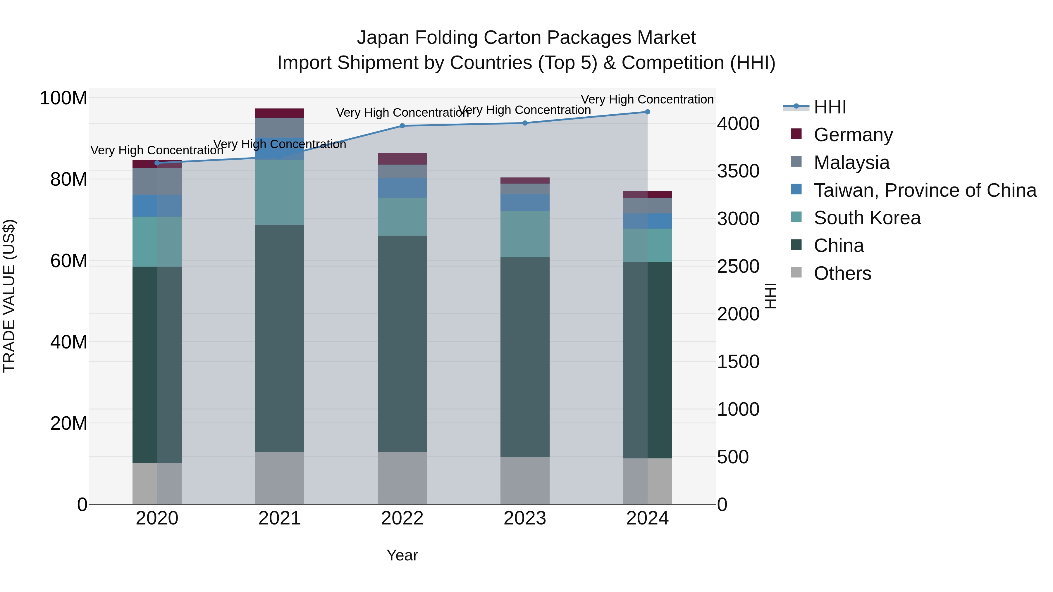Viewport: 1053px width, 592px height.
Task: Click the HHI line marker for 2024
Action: click(x=647, y=112)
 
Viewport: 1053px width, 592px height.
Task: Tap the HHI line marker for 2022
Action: click(x=402, y=126)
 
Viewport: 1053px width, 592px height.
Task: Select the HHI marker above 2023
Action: click(x=525, y=123)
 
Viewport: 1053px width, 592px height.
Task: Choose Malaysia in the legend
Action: click(x=851, y=163)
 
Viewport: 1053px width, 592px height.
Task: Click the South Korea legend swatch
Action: click(x=796, y=217)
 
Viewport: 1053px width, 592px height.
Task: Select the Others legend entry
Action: click(x=842, y=273)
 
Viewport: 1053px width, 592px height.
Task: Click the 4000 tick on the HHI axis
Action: click(x=738, y=124)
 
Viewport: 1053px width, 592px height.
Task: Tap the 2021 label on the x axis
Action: click(x=280, y=518)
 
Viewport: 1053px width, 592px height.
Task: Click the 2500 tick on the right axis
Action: click(x=738, y=266)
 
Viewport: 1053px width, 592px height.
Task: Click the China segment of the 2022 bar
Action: click(x=402, y=343)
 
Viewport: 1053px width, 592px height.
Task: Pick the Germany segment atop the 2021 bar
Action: click(x=280, y=113)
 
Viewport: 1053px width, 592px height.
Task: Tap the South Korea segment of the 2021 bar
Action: click(x=280, y=192)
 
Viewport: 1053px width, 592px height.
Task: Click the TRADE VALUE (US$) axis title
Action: click(x=9, y=296)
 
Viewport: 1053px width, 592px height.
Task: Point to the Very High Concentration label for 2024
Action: click(x=647, y=99)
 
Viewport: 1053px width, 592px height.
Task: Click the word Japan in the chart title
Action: click(x=383, y=38)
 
